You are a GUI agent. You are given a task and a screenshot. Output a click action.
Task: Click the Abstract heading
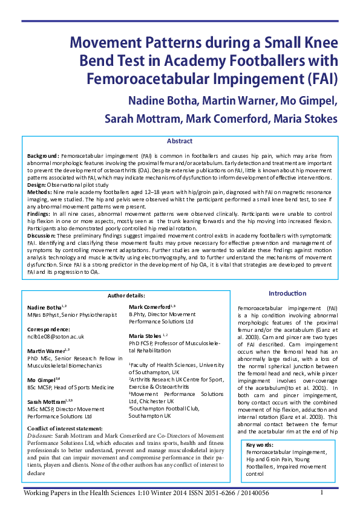coord(180,141)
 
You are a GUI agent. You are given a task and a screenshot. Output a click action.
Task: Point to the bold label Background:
coord(42,156)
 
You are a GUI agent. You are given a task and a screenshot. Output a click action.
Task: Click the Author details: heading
coord(126,296)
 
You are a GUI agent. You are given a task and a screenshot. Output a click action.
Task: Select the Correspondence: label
coord(50,328)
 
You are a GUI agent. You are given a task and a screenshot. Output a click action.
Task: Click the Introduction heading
coord(287,293)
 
